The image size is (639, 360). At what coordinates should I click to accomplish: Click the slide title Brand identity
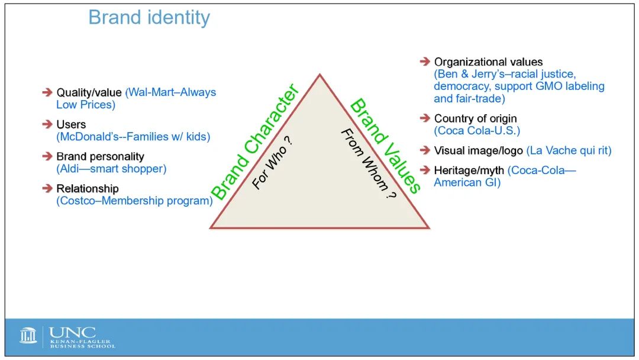pyautogui.click(x=149, y=18)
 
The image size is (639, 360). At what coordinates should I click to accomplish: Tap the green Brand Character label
pyautogui.click(x=255, y=142)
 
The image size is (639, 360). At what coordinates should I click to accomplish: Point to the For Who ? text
pyautogui.click(x=272, y=163)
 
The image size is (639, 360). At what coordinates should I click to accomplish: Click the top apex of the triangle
pyautogui.click(x=320, y=74)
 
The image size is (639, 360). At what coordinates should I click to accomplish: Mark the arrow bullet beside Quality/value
pyautogui.click(x=47, y=92)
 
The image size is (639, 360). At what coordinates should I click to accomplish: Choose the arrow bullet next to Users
pyautogui.click(x=47, y=124)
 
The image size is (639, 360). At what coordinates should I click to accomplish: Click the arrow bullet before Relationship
pyautogui.click(x=47, y=188)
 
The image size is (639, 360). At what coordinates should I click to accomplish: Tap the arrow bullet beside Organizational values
pyautogui.click(x=425, y=62)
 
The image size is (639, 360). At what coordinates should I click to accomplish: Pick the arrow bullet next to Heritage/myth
pyautogui.click(x=425, y=169)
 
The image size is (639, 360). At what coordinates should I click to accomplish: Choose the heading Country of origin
pyautogui.click(x=475, y=118)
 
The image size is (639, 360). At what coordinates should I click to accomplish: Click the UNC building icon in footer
pyautogui.click(x=28, y=336)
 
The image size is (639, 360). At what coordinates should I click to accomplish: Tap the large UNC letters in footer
pyautogui.click(x=73, y=333)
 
